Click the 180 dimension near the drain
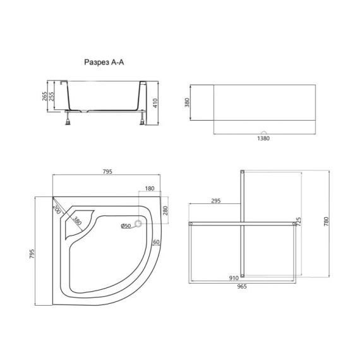150,189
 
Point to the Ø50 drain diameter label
126,226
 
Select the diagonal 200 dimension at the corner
56,208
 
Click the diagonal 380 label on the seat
76,221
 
